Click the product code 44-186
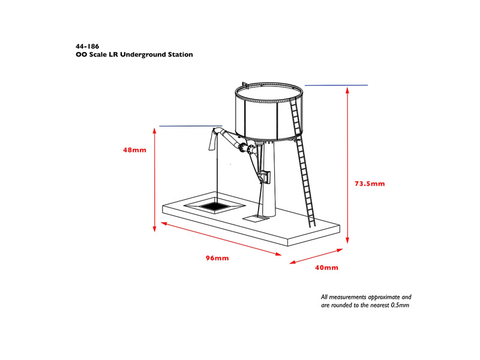tap(87, 47)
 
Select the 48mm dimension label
tap(134, 150)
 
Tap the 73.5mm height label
tap(370, 184)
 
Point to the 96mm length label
tap(217, 258)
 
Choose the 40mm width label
tap(326, 268)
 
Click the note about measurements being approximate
tap(366, 301)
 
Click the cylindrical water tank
tap(269, 112)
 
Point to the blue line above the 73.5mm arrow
tap(336, 85)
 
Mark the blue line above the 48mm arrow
tap(190, 126)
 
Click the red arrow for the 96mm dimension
tap(221, 239)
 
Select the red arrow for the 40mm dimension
tap(316, 256)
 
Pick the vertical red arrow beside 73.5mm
tap(347, 166)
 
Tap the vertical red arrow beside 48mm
tap(155, 179)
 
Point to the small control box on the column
tap(265, 177)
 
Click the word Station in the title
tap(181, 55)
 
